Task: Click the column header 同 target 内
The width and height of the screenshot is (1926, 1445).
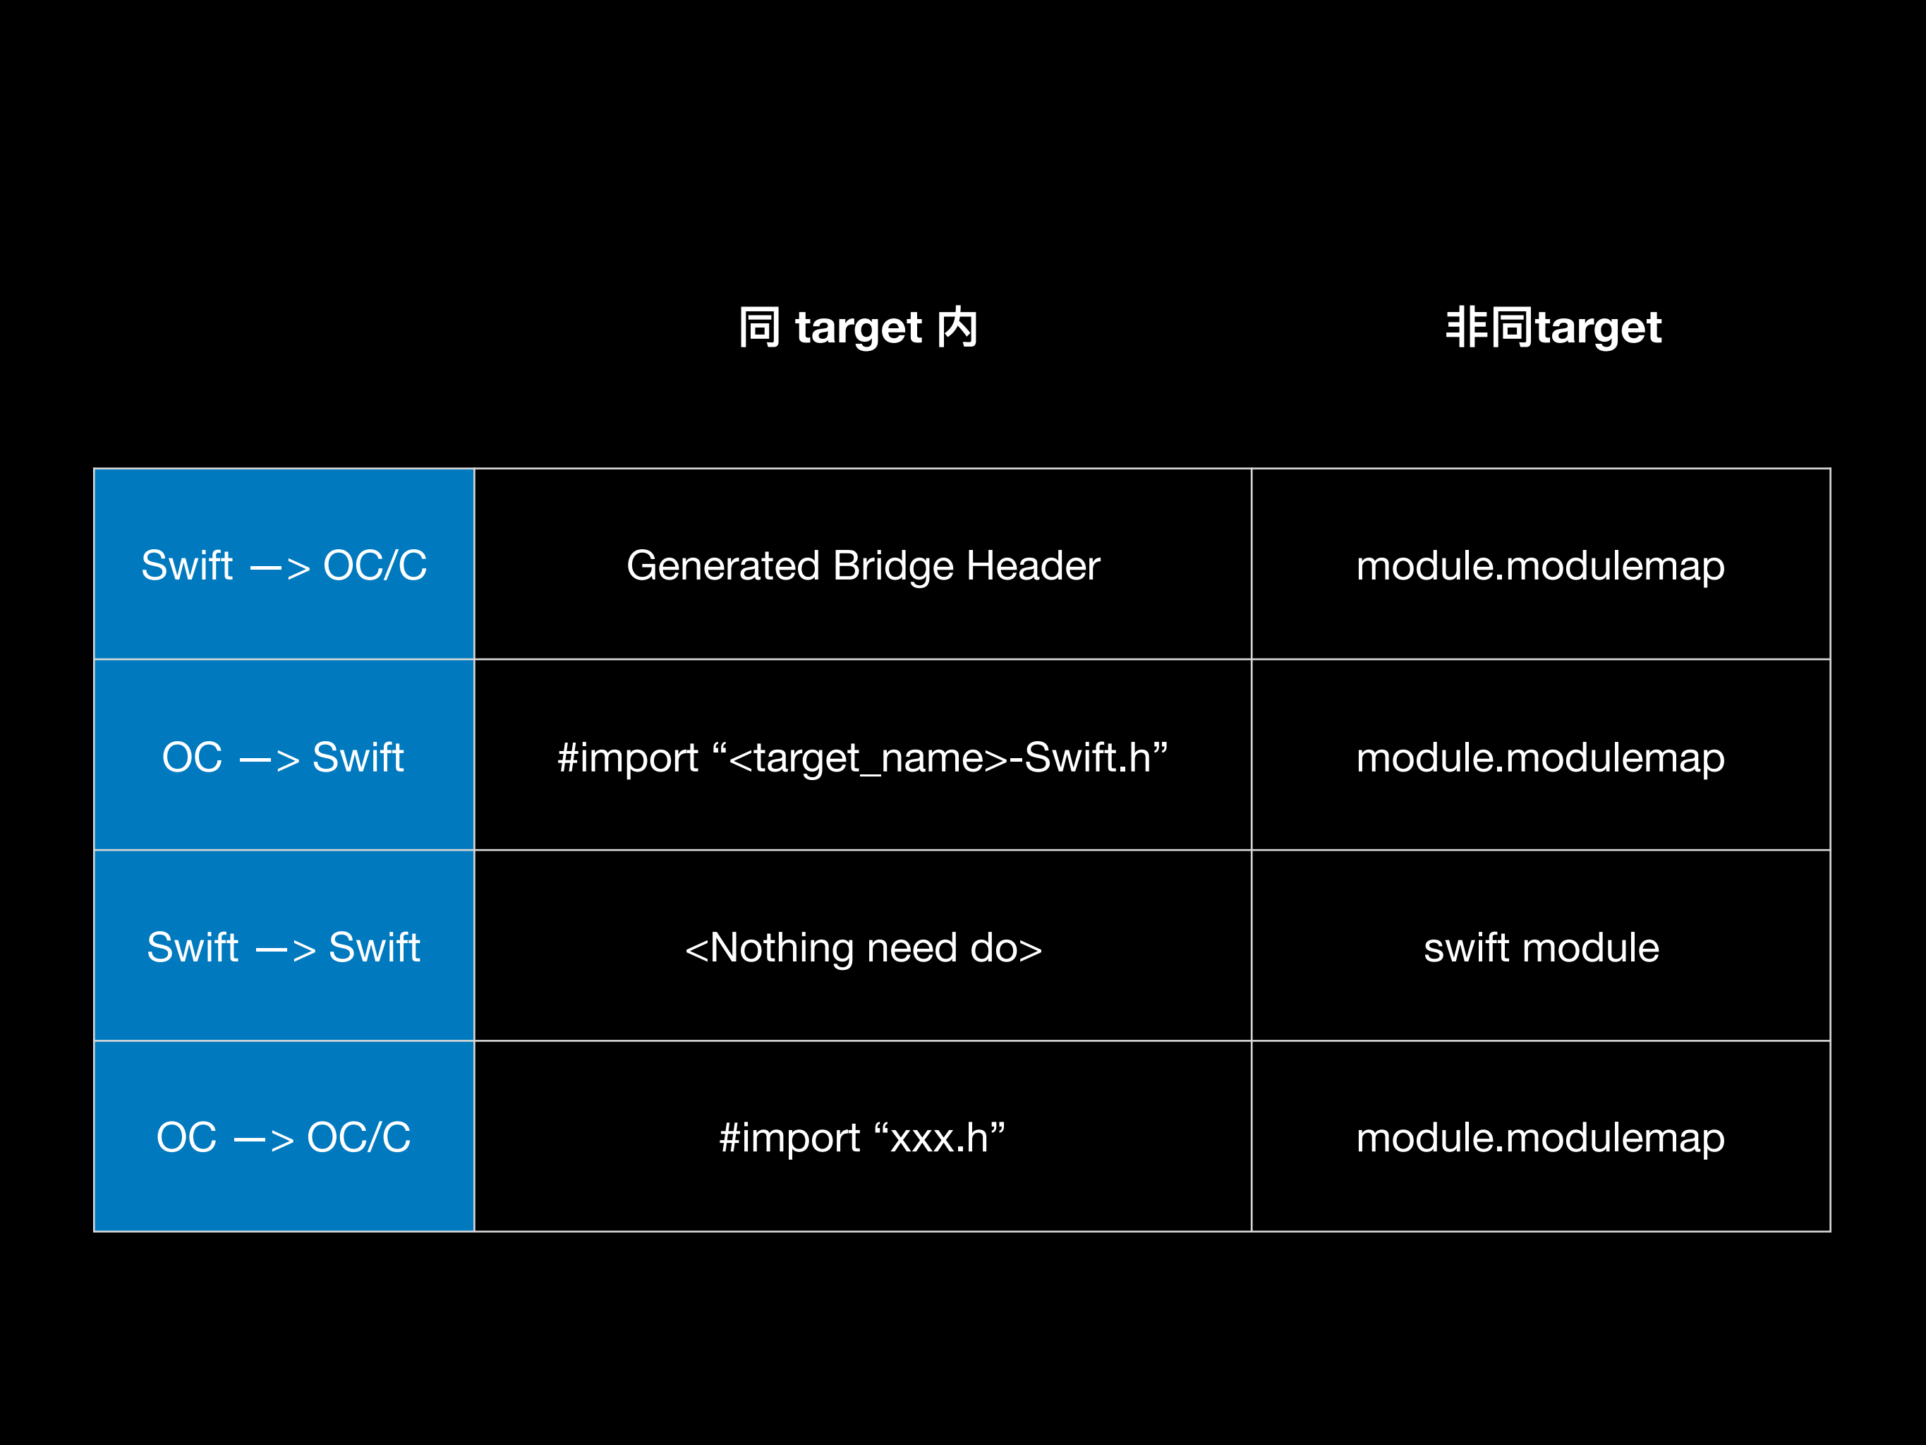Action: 858,328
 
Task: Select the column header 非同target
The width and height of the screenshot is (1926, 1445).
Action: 1553,328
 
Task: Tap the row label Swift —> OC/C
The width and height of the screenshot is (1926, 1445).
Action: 284,565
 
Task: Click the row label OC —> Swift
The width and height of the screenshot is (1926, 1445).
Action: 284,757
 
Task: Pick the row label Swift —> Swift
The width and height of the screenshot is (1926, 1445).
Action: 284,947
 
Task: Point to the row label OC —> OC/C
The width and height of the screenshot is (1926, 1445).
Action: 284,1137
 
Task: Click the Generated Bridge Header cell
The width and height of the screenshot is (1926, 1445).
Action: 863,565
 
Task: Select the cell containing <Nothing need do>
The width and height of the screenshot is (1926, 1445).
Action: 863,947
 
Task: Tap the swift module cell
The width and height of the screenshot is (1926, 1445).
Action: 1540,947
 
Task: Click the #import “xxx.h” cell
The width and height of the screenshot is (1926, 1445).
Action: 863,1137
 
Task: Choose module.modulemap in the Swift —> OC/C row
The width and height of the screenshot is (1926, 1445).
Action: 1540,565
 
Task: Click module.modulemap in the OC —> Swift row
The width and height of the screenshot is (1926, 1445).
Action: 1540,757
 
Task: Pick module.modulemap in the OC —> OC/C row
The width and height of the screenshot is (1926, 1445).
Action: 1540,1137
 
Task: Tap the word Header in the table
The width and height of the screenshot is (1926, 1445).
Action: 1033,565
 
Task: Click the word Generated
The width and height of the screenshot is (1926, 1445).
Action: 722,565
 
